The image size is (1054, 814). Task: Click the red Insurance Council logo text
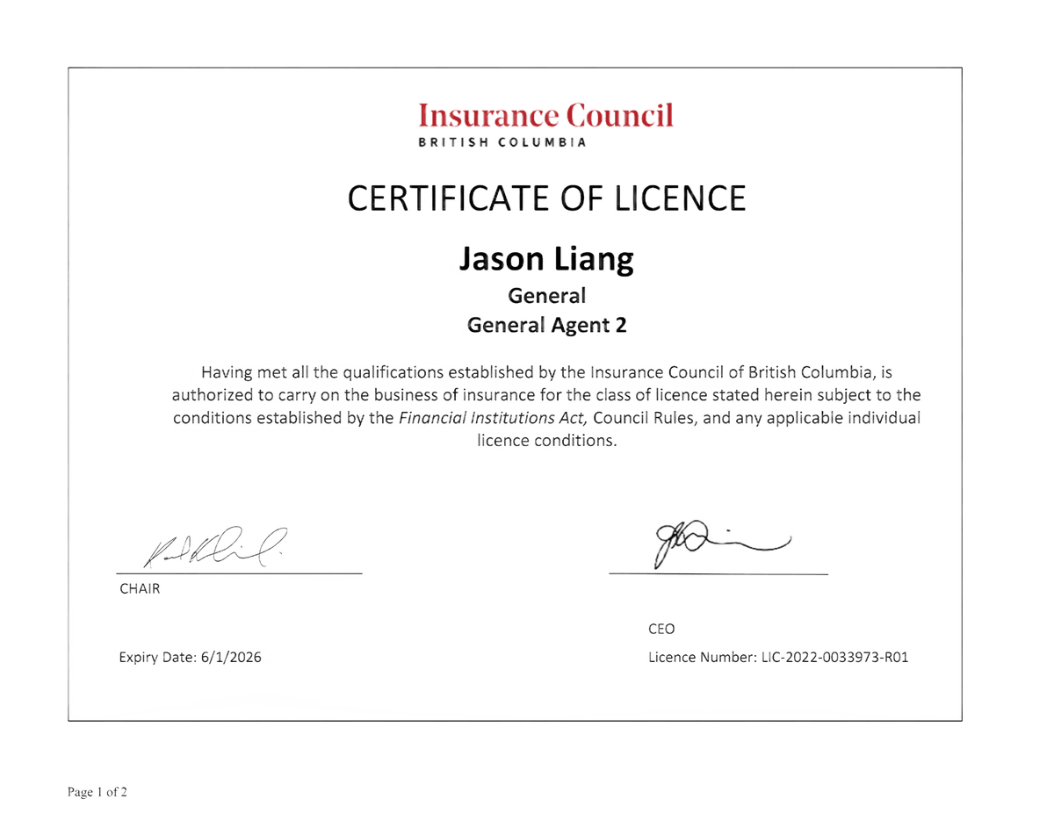click(545, 115)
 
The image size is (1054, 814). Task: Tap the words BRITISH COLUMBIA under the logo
click(502, 142)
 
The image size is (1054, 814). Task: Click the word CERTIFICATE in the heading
click(446, 198)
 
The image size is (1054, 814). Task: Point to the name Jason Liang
click(546, 260)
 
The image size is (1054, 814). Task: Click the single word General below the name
click(547, 297)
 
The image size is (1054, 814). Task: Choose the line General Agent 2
click(547, 325)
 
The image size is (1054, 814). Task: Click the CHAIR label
click(140, 589)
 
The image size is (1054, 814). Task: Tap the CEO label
click(661, 629)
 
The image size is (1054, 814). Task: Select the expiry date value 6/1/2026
click(231, 657)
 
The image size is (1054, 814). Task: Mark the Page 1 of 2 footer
click(97, 793)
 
